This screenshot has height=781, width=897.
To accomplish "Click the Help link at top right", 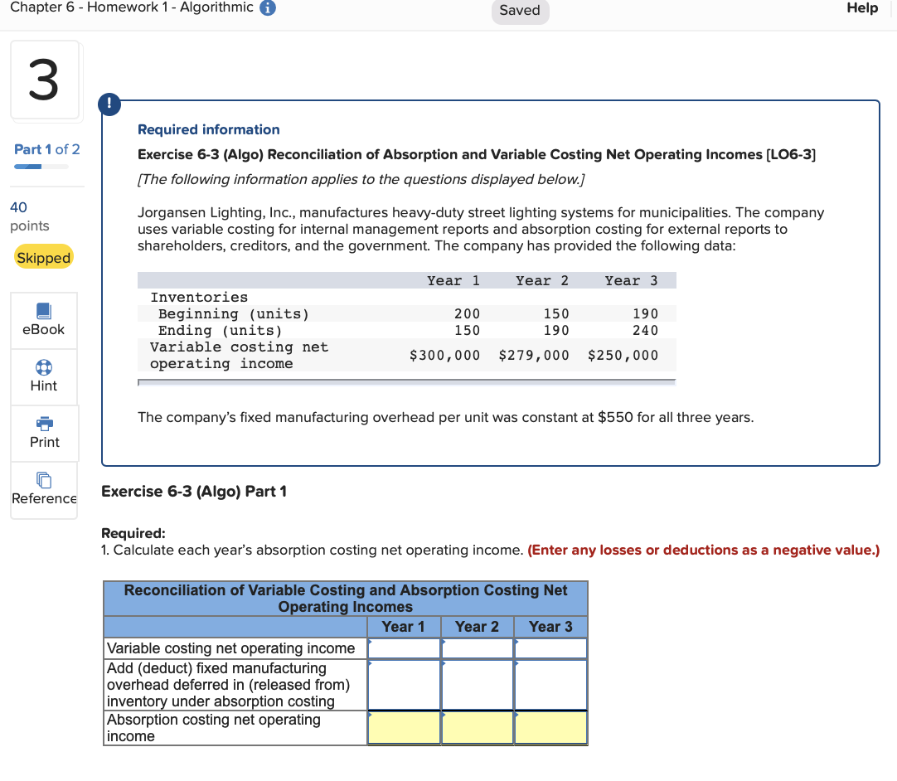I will point(861,8).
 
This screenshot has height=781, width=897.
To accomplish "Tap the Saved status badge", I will point(520,11).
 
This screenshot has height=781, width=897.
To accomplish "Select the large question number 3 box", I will point(45,80).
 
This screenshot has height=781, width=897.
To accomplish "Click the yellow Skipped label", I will point(44,258).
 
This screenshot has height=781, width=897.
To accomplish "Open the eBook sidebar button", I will point(44,320).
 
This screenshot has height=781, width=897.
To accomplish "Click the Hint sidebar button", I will point(44,376).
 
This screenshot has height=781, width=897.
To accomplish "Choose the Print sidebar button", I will point(44,433).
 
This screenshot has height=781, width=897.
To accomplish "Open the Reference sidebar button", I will point(44,489).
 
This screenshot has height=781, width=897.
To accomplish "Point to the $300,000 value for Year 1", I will point(444,356).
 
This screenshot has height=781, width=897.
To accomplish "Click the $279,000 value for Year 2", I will point(534,356).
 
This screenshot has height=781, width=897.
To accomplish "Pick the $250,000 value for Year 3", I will point(623,356).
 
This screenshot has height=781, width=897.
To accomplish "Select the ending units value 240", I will point(644,330).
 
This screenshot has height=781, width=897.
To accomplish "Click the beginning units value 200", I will point(467,313).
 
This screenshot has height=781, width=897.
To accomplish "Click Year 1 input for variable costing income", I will point(404,648).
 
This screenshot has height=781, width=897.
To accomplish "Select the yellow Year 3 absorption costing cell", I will point(550,728).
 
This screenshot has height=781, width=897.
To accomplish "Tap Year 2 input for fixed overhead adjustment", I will point(477,685).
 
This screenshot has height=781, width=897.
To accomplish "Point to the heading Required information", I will point(208,129).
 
